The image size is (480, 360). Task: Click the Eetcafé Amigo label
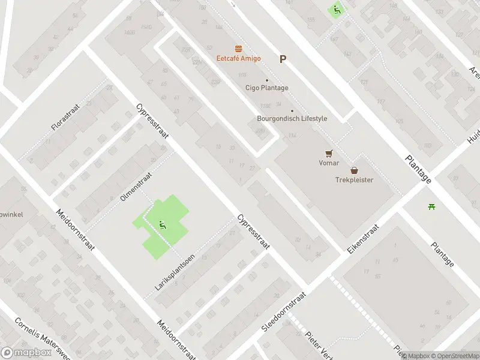239,58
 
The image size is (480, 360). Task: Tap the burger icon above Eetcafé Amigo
239,47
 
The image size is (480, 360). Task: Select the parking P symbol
283,59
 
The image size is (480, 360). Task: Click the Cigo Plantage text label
267,88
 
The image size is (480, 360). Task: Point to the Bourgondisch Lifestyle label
292,118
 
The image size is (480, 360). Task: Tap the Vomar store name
328,163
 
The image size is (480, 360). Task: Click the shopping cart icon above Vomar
328,152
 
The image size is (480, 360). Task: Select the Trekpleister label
354,179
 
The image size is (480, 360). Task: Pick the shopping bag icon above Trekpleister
354,170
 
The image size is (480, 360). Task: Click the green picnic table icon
431,207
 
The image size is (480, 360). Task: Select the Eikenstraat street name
364,239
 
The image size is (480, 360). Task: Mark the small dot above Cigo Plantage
267,80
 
